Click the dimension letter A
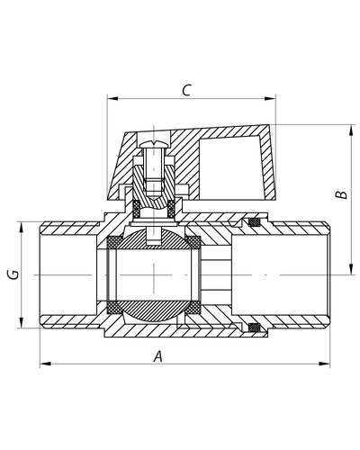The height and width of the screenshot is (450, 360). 157,356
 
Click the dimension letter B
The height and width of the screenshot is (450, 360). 341,194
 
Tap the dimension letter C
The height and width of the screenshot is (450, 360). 186,90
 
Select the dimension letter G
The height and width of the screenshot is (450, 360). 13,274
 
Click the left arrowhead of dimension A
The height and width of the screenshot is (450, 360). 45,364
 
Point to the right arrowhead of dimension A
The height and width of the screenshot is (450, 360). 324,364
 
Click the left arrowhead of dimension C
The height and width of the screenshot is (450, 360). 112,98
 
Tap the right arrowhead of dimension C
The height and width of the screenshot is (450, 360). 270,98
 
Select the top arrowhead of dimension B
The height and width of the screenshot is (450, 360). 351,130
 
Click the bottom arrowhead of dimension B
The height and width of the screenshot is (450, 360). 351,269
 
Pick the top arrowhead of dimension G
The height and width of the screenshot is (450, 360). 21,228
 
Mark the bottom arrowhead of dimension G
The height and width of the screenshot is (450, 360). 21,322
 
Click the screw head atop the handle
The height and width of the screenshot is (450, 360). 154,144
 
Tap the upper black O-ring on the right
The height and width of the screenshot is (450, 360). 255,222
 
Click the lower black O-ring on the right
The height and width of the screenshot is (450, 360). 255,327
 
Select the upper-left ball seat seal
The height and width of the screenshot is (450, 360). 114,242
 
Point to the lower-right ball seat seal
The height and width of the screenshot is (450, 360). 193,307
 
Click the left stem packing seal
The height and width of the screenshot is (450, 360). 137,208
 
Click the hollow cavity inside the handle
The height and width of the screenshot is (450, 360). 231,168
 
